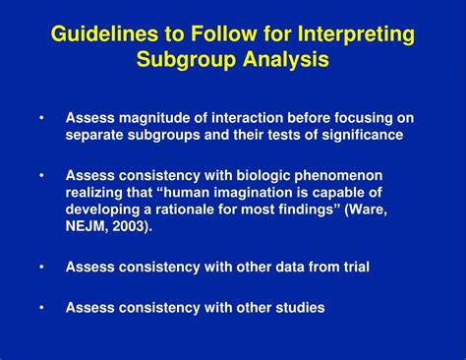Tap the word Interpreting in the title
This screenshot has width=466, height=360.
[352, 35]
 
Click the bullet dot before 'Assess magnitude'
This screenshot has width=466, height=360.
[41, 118]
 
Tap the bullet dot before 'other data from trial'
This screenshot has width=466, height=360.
[41, 266]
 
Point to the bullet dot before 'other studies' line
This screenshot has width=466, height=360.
[41, 307]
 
